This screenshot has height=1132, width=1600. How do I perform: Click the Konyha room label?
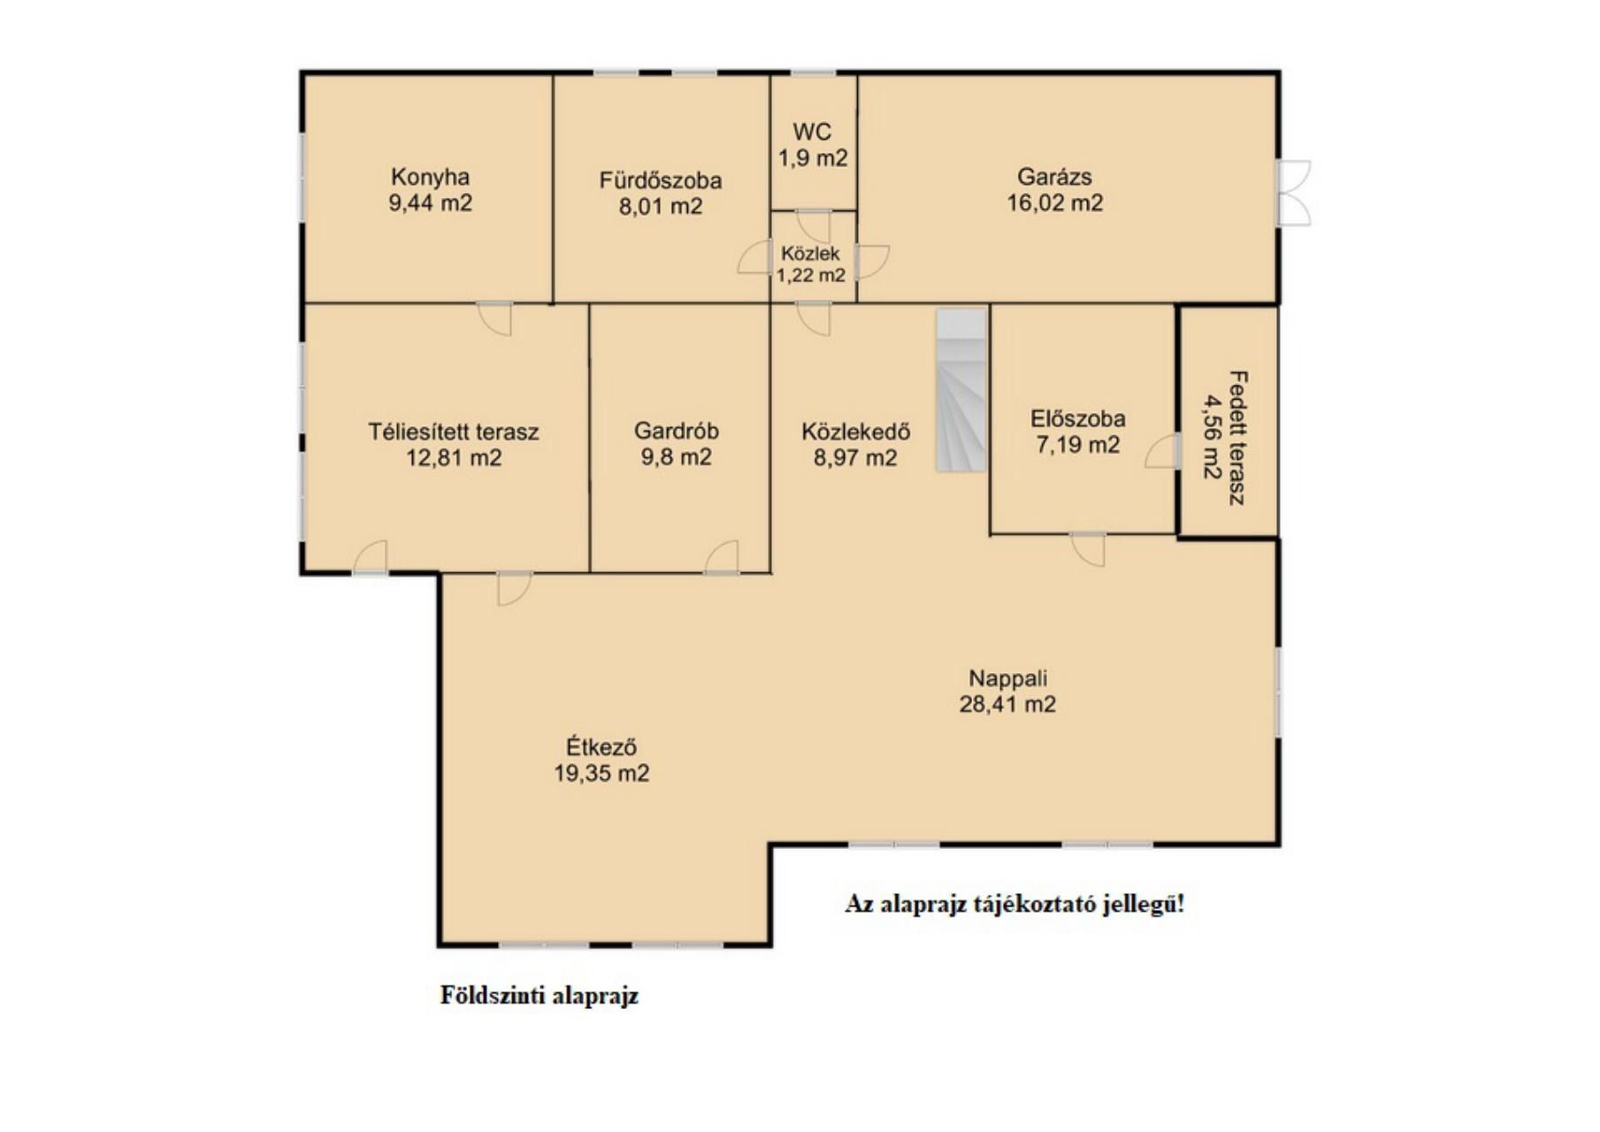coord(430,176)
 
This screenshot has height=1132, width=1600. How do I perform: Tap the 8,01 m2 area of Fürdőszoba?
coord(661,207)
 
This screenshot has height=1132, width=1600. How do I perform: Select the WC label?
coord(812,132)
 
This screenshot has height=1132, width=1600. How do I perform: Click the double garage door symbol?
coord(1293,193)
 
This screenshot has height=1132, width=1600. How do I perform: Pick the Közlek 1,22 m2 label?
coord(811,264)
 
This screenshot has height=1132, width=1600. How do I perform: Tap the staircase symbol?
coord(961,390)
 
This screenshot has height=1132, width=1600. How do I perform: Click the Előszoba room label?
coord(1077,418)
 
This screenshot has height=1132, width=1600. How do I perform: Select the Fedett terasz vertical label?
coord(1226,438)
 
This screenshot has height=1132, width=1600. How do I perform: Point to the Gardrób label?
coord(676,431)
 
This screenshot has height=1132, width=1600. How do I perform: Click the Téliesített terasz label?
coord(453,432)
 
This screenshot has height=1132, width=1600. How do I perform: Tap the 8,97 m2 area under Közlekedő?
coord(855,457)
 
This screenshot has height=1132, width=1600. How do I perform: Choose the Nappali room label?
coord(1007,678)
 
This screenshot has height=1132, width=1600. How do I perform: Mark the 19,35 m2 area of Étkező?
coord(601,774)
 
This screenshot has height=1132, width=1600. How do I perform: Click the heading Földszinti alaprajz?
coord(539,996)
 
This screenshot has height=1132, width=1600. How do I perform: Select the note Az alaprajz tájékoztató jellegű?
coord(1014,905)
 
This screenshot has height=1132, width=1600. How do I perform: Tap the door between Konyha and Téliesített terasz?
coord(494,318)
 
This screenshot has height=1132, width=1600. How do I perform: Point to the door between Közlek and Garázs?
coord(872,262)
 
